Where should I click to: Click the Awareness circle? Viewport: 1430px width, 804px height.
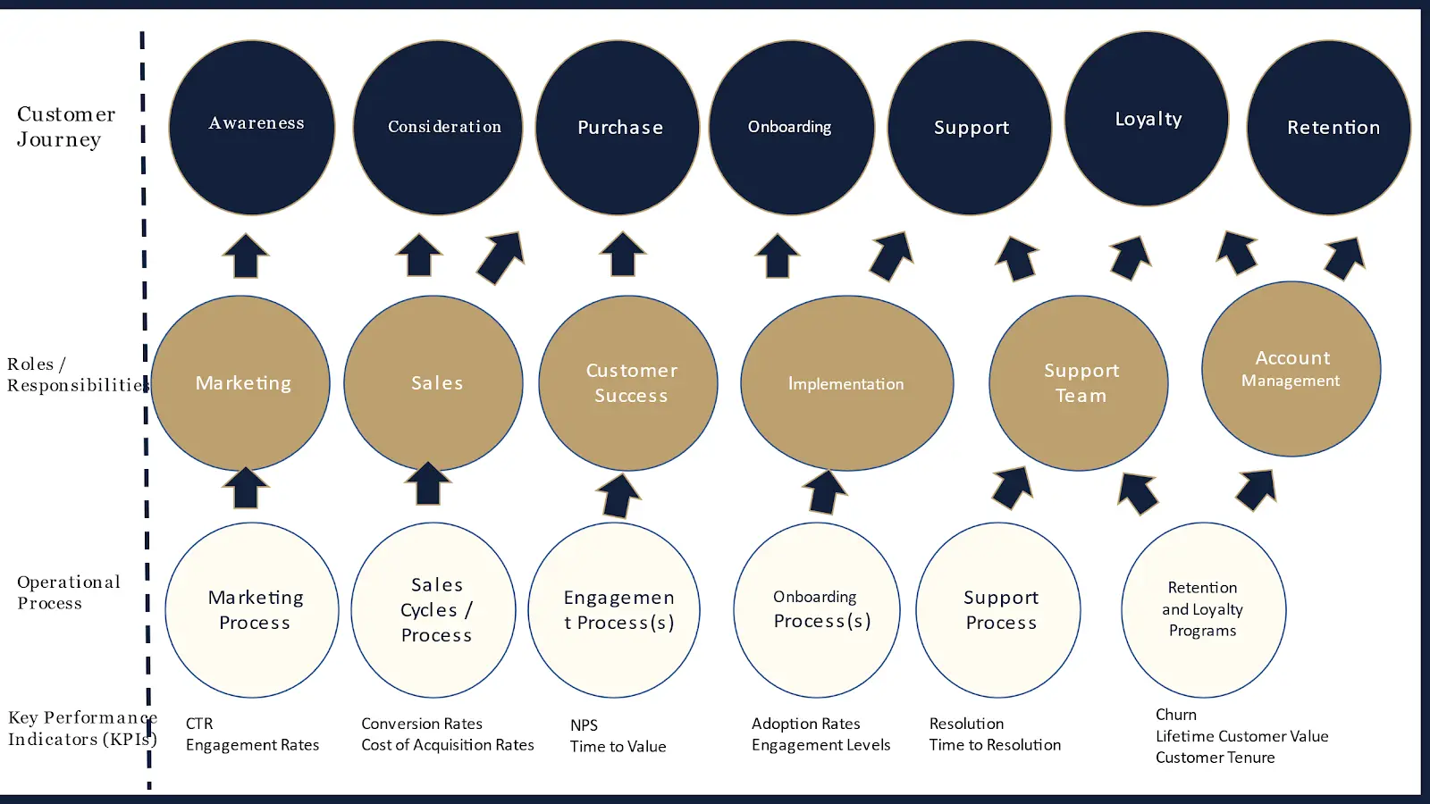252,128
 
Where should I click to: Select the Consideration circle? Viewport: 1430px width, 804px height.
438,128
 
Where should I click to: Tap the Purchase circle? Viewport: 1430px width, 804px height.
618,128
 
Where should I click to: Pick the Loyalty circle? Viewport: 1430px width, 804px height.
1147,119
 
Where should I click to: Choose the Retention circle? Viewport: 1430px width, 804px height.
1329,128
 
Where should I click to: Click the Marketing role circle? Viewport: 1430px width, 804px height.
240,383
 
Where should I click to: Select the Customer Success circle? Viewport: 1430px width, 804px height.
628,383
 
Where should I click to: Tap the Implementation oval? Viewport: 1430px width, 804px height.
847,383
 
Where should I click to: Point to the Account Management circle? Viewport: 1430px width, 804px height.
1291,369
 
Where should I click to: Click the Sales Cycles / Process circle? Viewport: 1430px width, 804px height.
433,610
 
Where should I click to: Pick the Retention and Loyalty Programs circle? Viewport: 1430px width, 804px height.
1204,610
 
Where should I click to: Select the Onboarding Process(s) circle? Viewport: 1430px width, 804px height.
817,610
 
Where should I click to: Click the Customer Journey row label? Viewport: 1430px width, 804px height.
66,126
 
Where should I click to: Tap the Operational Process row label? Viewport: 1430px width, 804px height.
68,592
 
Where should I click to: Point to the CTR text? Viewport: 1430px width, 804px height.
199,724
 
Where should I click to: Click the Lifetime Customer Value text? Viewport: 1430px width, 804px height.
1241,736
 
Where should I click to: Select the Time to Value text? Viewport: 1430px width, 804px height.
618,747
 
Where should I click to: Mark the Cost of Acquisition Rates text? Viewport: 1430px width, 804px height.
448,745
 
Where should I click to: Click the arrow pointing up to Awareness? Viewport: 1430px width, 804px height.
246,255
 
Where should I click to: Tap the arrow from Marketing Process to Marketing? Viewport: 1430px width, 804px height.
246,488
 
